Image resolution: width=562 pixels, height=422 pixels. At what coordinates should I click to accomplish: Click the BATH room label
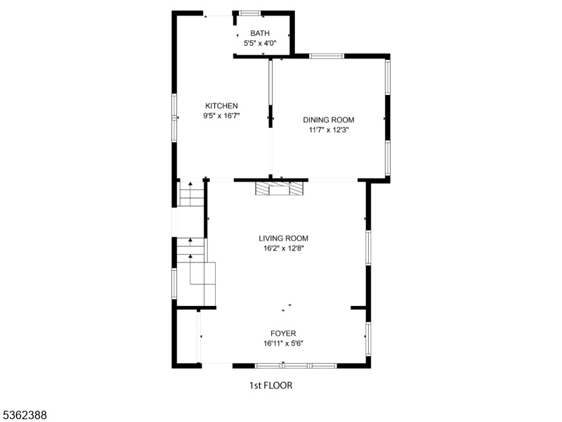pyautogui.click(x=260, y=33)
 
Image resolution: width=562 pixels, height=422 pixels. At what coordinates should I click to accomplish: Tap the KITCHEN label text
pyautogui.click(x=221, y=106)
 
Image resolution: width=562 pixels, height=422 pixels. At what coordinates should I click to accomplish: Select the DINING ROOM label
pyautogui.click(x=329, y=120)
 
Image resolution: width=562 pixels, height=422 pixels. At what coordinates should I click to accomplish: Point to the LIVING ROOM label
pyautogui.click(x=284, y=238)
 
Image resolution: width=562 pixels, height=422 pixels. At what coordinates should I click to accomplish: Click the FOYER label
pyautogui.click(x=283, y=333)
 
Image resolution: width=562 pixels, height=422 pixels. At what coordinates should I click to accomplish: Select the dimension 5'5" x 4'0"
pyautogui.click(x=260, y=44)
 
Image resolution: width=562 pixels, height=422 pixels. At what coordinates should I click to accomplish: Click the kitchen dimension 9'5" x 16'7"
pyautogui.click(x=221, y=116)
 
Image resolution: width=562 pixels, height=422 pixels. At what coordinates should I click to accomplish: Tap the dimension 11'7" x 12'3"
pyautogui.click(x=329, y=130)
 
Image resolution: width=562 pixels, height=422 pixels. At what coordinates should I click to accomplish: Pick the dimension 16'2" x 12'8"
pyautogui.click(x=284, y=248)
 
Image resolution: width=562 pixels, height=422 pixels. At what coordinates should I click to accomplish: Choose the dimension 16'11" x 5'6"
pyautogui.click(x=284, y=343)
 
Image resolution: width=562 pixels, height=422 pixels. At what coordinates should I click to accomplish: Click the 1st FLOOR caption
pyautogui.click(x=270, y=385)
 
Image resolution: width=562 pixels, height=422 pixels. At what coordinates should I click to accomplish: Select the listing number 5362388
pyautogui.click(x=23, y=415)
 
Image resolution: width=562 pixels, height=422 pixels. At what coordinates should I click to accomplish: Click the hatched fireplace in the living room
pyautogui.click(x=279, y=188)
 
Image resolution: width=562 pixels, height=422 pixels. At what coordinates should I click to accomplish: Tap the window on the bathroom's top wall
pyautogui.click(x=250, y=13)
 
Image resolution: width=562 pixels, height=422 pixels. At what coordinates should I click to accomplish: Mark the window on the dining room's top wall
pyautogui.click(x=327, y=56)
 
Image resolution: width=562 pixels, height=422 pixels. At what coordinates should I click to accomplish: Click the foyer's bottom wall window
pyautogui.click(x=296, y=366)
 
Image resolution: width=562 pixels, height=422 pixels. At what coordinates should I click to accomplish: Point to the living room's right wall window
pyautogui.click(x=368, y=248)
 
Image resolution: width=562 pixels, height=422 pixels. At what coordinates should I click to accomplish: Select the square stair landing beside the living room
pyautogui.click(x=202, y=274)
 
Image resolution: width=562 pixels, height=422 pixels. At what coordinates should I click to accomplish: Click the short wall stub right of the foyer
pyautogui.click(x=358, y=307)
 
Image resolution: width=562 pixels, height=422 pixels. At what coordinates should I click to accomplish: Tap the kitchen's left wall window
pyautogui.click(x=174, y=117)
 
